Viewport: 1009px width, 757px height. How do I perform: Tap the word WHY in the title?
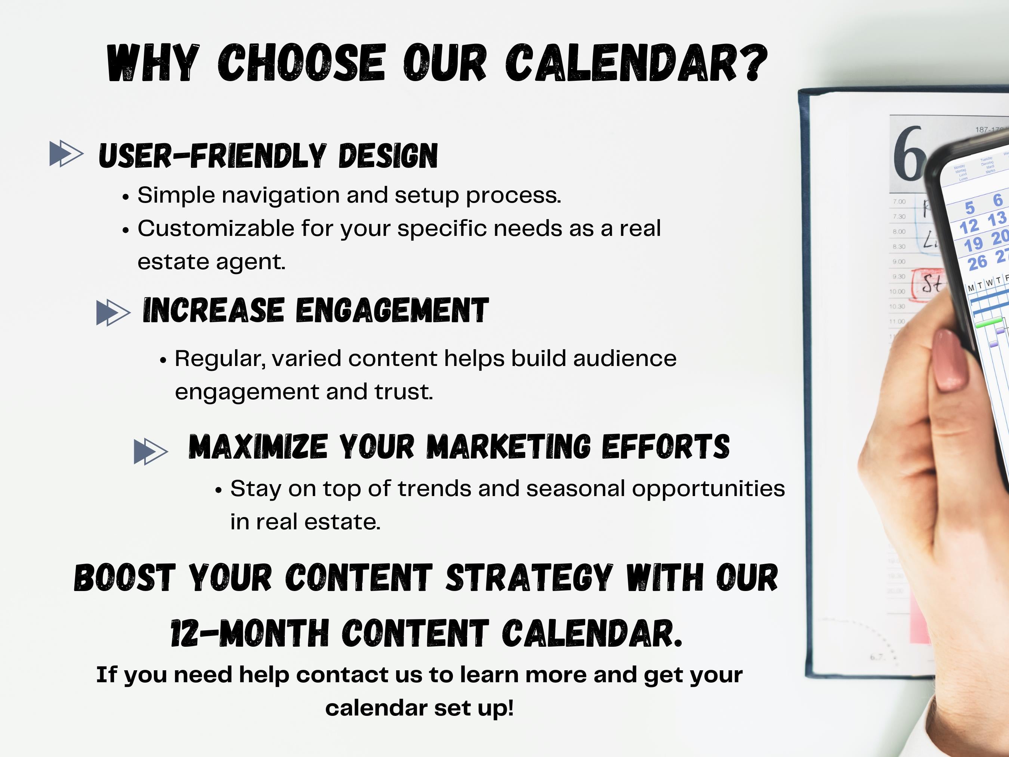[x=153, y=64]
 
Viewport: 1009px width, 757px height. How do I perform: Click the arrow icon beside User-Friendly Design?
[x=66, y=154]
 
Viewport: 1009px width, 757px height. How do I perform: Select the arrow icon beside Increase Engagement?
[x=113, y=313]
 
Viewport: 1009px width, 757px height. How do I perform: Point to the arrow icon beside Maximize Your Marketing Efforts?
[x=151, y=451]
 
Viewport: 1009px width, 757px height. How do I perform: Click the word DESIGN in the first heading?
[x=388, y=156]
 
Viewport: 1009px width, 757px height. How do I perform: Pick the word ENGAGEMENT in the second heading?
[x=392, y=311]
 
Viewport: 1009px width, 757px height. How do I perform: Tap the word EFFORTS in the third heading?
[x=666, y=447]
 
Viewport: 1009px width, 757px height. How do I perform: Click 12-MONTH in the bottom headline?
[x=249, y=634]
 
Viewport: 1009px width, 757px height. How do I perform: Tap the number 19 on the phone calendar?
[x=973, y=244]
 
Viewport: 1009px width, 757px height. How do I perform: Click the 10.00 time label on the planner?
[x=897, y=292]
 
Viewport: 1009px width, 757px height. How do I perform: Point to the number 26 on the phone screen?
[x=978, y=263]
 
